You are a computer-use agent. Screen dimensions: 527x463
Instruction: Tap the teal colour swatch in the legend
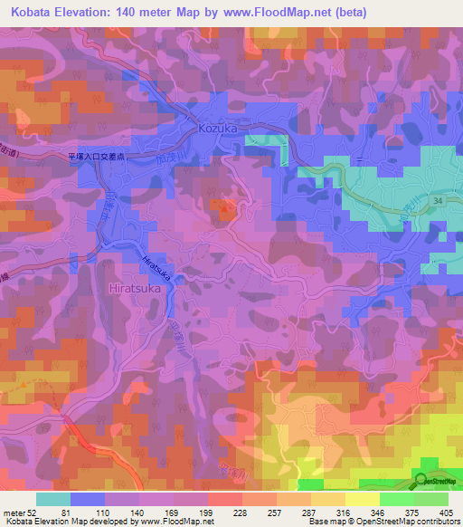click(x=53, y=499)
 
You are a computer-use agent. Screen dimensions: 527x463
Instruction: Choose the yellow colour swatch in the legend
click(x=362, y=499)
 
